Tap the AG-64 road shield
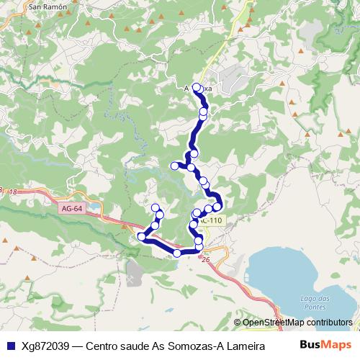[71, 207]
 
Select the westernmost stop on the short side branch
[174, 166]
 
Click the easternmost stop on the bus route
[217, 207]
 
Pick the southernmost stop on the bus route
[177, 253]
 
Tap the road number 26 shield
[206, 259]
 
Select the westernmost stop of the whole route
[141, 236]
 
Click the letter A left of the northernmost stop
[186, 89]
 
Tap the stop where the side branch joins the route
[192, 168]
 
